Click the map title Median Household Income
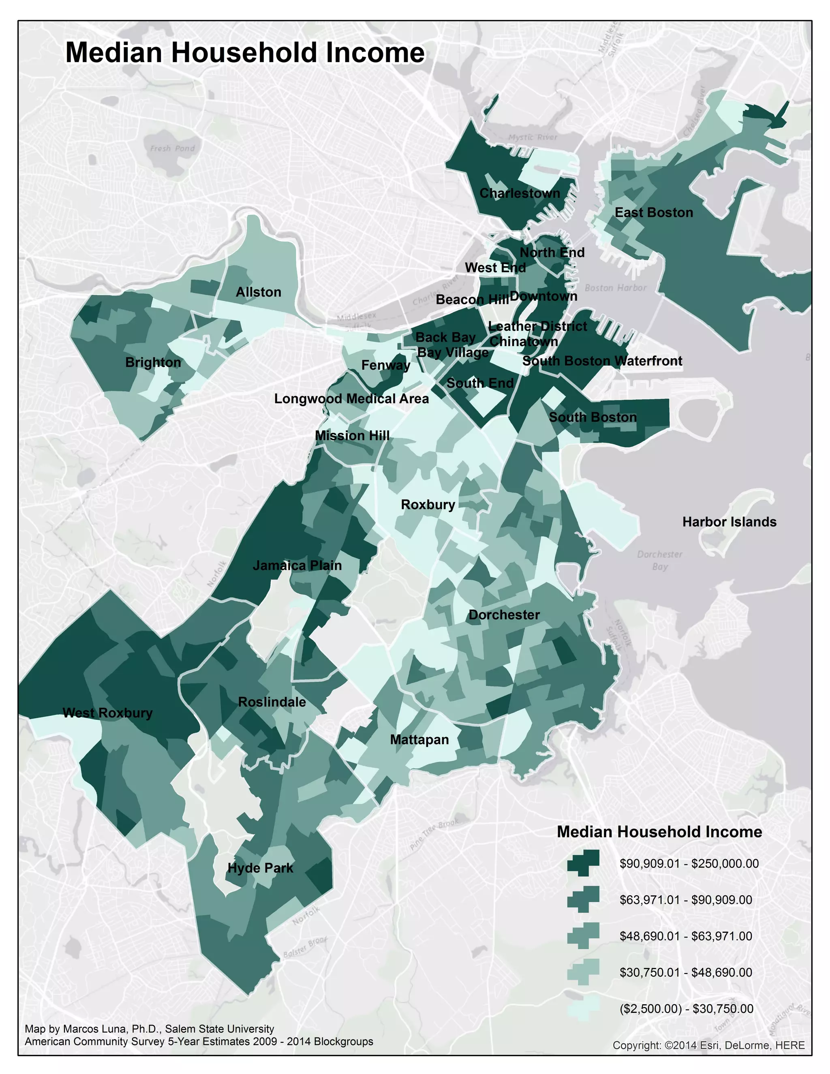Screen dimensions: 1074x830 [244, 53]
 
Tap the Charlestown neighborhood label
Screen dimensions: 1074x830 [519, 193]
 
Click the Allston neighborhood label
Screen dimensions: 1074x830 [258, 292]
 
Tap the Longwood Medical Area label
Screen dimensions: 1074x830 [351, 398]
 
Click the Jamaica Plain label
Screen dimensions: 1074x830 [297, 565]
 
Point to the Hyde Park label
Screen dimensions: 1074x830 [260, 868]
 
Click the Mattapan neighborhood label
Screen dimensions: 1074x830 [419, 740]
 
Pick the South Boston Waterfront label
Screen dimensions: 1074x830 [602, 361]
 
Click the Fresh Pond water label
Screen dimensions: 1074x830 [172, 148]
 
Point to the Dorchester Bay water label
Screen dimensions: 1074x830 [659, 560]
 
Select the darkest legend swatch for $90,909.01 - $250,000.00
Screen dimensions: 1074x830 [583, 863]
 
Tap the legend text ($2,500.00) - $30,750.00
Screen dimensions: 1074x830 [686, 1009]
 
